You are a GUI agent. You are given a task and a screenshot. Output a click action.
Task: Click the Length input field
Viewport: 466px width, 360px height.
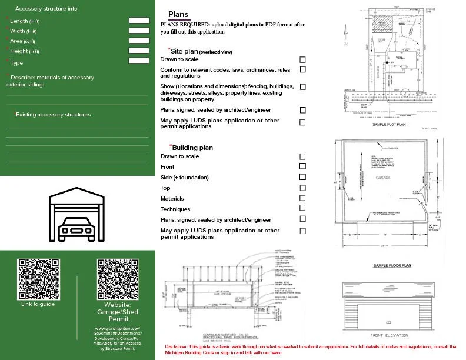(x=139, y=21)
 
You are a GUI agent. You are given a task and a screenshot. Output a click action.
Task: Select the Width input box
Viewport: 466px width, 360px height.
(x=139, y=31)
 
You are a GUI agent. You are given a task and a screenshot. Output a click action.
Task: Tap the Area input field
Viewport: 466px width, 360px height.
(x=139, y=41)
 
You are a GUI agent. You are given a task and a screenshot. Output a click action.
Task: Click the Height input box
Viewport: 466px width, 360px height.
(x=139, y=51)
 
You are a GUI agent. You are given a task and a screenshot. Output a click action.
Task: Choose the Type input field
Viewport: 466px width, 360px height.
(x=139, y=61)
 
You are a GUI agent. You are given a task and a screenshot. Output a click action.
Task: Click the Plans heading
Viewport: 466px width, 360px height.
(x=178, y=15)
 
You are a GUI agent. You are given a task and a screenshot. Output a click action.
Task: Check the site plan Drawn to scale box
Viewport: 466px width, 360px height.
(x=302, y=59)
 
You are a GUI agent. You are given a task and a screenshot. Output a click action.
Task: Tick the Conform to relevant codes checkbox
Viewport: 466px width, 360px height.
(x=302, y=69)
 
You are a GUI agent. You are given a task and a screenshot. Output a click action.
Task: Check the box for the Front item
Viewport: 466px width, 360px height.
(x=302, y=167)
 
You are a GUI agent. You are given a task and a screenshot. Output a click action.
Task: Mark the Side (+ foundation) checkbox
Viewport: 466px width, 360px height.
(x=302, y=177)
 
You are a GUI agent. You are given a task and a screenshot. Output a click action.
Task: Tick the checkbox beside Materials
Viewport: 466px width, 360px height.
(x=302, y=198)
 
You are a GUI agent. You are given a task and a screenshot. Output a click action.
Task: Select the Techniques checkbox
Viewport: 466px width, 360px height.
(x=302, y=208)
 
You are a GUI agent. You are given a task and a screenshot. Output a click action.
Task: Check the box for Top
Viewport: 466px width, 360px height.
(x=302, y=188)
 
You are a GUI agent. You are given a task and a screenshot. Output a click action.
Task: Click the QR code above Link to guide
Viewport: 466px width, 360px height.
(x=38, y=279)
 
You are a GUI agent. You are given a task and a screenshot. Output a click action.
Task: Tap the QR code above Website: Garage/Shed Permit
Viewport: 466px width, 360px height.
(x=118, y=279)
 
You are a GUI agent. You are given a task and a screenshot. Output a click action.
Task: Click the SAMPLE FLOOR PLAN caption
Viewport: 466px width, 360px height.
(x=392, y=266)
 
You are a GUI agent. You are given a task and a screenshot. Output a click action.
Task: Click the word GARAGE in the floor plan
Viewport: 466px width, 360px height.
(x=383, y=176)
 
